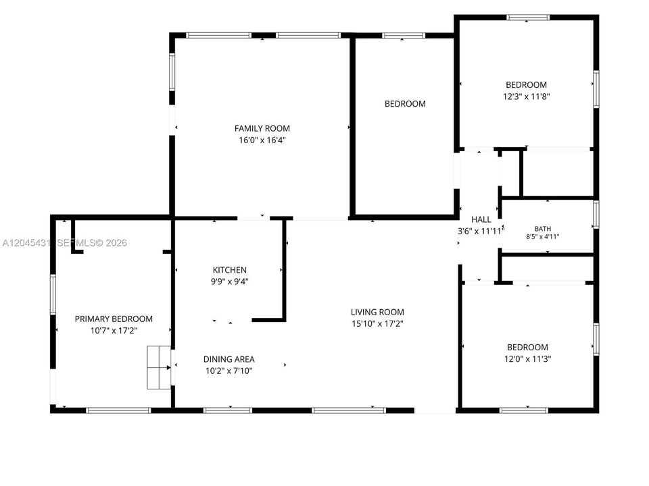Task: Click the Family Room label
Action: tap(262, 128)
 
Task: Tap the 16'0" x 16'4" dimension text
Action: tap(262, 140)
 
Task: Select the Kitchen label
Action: tap(230, 270)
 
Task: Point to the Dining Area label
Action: tap(229, 359)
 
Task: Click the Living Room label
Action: tap(377, 312)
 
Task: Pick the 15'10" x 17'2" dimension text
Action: tap(377, 323)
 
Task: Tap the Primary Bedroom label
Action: tap(114, 319)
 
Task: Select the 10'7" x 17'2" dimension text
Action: tap(114, 331)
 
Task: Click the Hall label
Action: tap(481, 219)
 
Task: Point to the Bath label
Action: tap(543, 229)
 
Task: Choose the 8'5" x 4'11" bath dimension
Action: tap(543, 237)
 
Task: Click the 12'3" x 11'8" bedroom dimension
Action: tap(527, 97)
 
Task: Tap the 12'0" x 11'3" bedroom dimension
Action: tap(528, 358)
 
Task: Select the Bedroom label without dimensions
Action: tap(405, 104)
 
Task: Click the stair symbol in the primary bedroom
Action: tap(160, 367)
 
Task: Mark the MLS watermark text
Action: tap(65, 243)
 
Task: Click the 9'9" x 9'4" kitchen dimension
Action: tap(230, 282)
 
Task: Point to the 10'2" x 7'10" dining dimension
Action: tap(229, 371)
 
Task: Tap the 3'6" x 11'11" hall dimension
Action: tap(481, 231)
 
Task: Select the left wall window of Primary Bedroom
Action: tap(53, 294)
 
